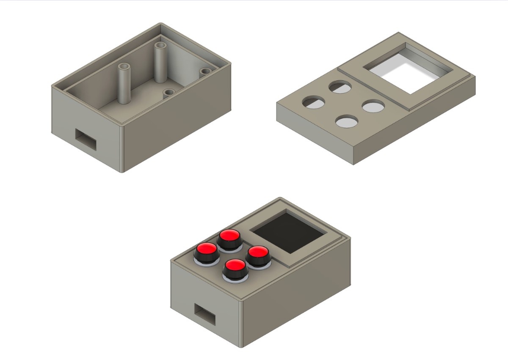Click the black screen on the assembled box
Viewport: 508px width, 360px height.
290,232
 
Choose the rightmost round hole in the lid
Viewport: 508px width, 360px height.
373,106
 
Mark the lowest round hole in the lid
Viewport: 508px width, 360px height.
346,121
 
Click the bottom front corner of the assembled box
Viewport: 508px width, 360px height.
243,347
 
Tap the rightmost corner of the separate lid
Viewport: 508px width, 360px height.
475,77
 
